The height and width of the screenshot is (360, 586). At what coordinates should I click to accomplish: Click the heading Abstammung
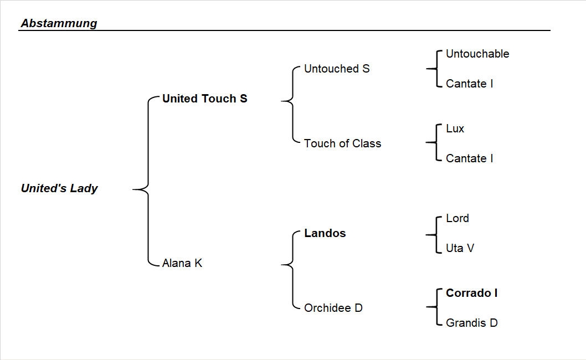(59, 23)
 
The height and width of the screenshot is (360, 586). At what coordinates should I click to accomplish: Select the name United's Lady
(59, 188)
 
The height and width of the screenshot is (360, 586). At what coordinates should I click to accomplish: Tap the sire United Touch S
(204, 99)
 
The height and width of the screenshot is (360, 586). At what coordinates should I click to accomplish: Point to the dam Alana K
(182, 263)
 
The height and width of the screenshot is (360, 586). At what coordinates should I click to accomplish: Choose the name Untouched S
(337, 69)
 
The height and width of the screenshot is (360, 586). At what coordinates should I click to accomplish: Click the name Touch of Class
(342, 143)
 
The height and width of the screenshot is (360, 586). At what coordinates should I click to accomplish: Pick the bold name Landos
(325, 233)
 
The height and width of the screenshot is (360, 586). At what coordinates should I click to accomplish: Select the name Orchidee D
(333, 308)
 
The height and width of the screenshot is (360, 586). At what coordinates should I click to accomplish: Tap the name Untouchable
(477, 54)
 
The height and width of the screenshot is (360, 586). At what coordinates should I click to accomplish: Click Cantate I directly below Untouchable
(469, 84)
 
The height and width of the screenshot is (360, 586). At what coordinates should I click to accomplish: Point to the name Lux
(455, 128)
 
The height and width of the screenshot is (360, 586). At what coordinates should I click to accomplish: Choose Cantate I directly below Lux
(469, 158)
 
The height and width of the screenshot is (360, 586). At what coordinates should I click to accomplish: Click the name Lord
(457, 218)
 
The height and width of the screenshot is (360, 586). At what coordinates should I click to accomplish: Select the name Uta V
(460, 248)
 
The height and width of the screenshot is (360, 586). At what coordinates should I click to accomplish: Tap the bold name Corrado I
(471, 293)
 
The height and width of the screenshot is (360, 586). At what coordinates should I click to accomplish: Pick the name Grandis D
(471, 323)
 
